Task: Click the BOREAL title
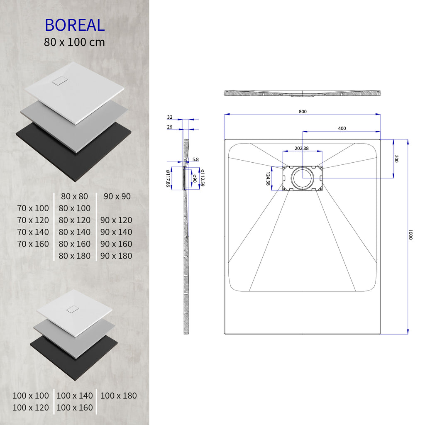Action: click(x=75, y=25)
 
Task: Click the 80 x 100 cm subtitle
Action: click(x=75, y=42)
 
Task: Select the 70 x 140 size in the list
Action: click(x=33, y=232)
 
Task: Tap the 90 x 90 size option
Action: click(x=117, y=196)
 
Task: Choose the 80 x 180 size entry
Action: click(x=75, y=256)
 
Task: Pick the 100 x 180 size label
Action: click(x=118, y=396)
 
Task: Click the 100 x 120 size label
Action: click(x=31, y=408)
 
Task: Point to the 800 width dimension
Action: click(x=303, y=111)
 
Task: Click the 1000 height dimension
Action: click(x=410, y=234)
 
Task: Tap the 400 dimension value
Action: click(x=342, y=128)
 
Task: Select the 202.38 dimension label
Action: click(x=302, y=148)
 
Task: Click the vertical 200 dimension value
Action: click(x=396, y=159)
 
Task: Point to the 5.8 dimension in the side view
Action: click(x=195, y=159)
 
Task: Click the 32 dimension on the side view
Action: click(x=170, y=117)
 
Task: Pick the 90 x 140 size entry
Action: click(x=116, y=232)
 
